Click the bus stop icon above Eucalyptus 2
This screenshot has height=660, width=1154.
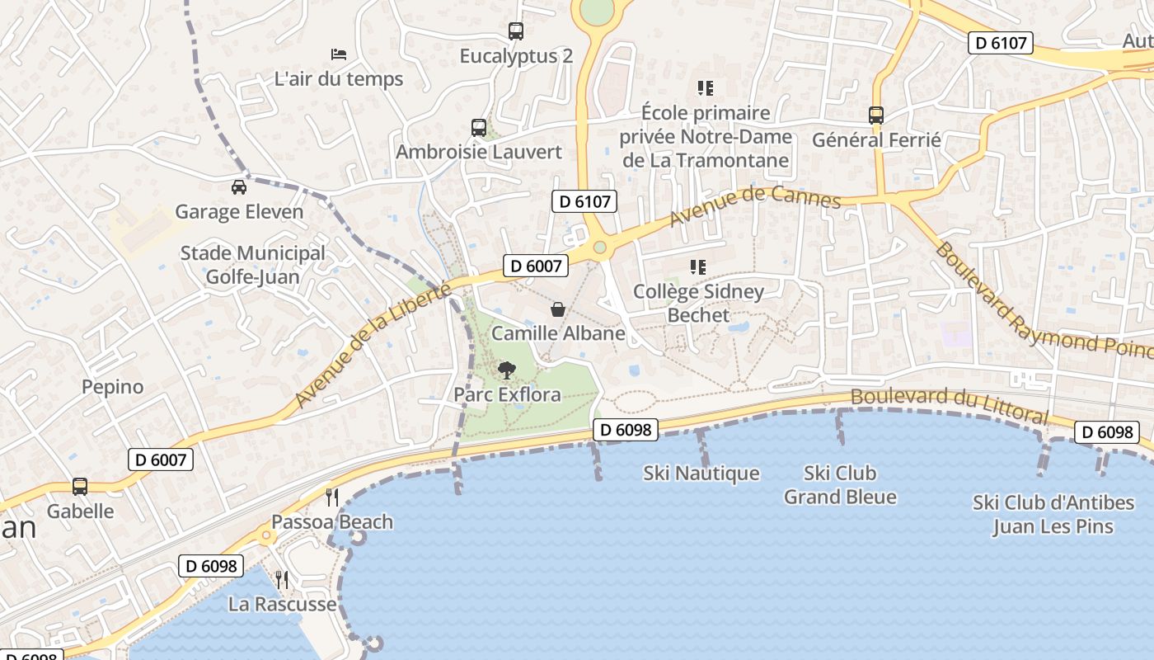click(516, 31)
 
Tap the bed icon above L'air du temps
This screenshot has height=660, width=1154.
click(339, 54)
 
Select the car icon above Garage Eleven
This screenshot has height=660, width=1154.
click(239, 187)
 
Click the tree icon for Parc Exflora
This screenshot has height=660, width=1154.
click(507, 370)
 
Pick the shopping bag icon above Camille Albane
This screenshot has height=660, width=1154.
click(558, 309)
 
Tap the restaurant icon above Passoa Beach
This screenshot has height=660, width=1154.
click(332, 497)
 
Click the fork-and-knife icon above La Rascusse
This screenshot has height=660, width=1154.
click(282, 579)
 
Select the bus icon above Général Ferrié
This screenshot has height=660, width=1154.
click(876, 115)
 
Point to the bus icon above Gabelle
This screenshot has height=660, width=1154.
click(80, 487)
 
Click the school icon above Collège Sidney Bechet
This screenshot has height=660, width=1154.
click(698, 266)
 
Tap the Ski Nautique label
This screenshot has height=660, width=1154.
click(701, 474)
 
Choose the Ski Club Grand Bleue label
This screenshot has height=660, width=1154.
click(840, 485)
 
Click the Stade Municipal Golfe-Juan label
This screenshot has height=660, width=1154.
click(253, 265)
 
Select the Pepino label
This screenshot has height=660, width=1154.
click(112, 387)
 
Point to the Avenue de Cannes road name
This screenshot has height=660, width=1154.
click(754, 205)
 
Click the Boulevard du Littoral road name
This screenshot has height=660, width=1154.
click(949, 404)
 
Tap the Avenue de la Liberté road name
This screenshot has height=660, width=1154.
click(373, 346)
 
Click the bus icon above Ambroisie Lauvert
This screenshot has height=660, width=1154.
click(479, 128)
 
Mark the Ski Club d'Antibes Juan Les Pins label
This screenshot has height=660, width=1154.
click(1053, 515)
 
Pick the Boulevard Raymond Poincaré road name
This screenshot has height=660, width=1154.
click(1042, 303)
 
